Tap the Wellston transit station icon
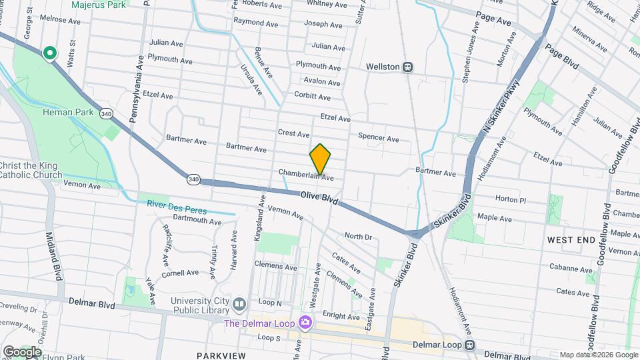pyautogui.click(x=407, y=67)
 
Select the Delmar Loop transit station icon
pyautogui.click(x=471, y=345)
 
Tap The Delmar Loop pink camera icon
pyautogui.click(x=305, y=323)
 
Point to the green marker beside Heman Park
pyautogui.click(x=49, y=53)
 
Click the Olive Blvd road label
pyautogui.click(x=319, y=198)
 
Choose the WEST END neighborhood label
pyautogui.click(x=571, y=239)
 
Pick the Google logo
pyautogui.click(x=21, y=351)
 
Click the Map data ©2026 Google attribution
pyautogui.click(x=598, y=355)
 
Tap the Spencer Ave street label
pyautogui.click(x=378, y=138)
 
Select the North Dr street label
pyautogui.click(x=358, y=236)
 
